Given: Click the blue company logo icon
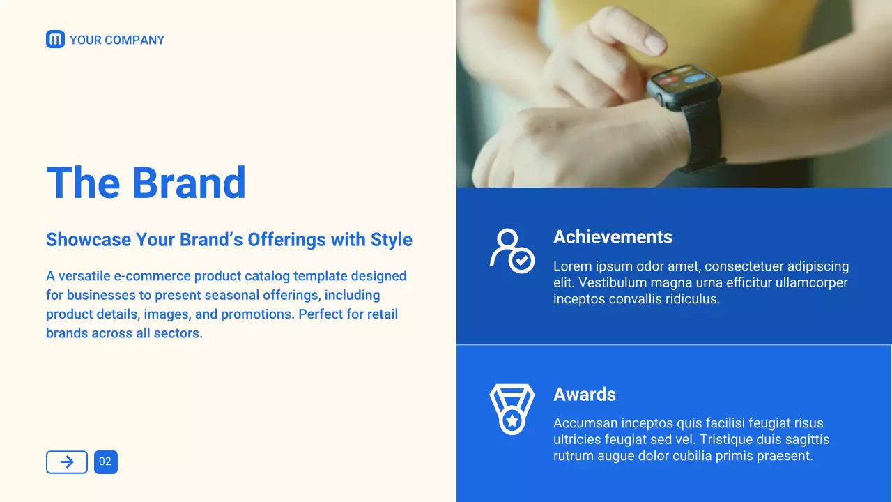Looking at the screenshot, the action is (x=55, y=39).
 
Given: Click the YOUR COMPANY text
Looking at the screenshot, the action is (x=117, y=40).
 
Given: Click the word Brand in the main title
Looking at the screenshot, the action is (x=189, y=183).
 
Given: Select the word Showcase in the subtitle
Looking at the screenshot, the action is (x=89, y=240).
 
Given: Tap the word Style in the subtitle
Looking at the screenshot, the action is (x=392, y=240).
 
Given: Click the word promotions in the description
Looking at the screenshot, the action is (x=258, y=314).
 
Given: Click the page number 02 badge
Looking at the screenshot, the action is (x=106, y=462).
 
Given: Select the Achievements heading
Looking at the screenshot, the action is (x=613, y=236).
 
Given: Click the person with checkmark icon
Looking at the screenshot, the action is (x=512, y=250).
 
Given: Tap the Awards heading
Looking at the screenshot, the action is (x=585, y=395).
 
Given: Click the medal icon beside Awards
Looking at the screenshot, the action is (x=512, y=409).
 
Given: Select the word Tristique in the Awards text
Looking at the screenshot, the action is (x=725, y=439).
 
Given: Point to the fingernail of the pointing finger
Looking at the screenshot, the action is (x=654, y=43).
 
